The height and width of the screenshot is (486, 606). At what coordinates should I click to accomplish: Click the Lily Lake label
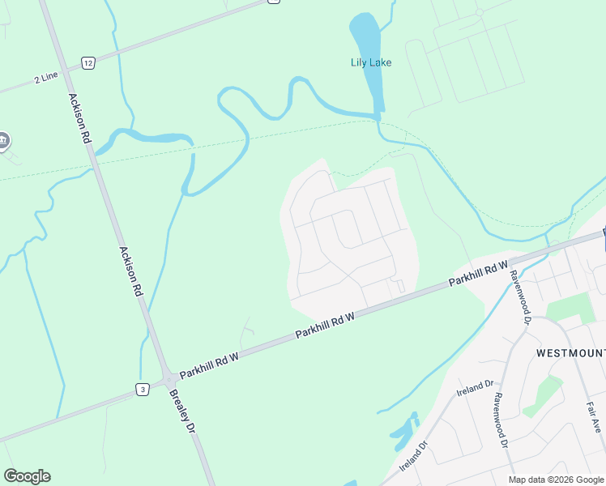370,62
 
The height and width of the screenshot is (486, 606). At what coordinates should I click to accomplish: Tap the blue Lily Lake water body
365,36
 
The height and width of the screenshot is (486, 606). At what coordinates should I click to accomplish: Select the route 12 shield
88,62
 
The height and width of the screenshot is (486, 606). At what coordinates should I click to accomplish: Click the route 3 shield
143,390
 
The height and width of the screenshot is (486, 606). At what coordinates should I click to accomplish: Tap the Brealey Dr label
183,411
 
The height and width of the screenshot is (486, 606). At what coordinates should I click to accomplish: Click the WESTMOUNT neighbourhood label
570,354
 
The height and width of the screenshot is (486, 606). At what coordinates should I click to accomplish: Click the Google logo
27,476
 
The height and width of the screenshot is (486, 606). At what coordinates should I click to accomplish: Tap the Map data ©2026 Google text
556,480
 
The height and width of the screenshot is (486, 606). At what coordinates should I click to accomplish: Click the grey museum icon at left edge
3,141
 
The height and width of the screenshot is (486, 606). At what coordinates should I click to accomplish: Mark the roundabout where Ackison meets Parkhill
169,378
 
